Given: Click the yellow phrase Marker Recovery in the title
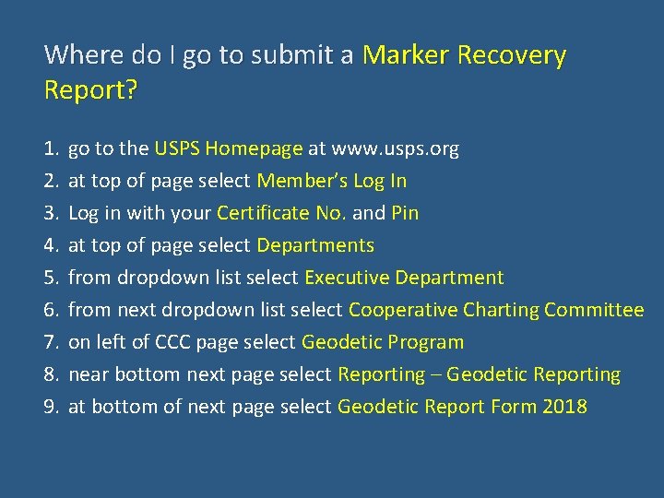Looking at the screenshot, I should tap(464, 56).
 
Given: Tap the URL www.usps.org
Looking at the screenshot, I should tap(395, 148).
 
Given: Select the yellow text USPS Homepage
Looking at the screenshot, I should tap(229, 148).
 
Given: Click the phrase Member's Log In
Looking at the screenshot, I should tap(331, 181).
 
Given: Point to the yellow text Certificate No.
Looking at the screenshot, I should tap(281, 213).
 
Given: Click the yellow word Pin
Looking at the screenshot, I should tap(405, 213).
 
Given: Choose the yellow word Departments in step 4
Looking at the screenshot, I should tap(315, 245).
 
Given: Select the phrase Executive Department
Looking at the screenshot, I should tap(404, 278).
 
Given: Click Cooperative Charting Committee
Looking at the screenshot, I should tap(496, 310).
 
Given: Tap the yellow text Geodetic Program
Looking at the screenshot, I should tap(383, 342).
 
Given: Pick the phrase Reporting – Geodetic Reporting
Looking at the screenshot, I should tap(479, 374).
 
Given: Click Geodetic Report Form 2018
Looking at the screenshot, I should tap(462, 407).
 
